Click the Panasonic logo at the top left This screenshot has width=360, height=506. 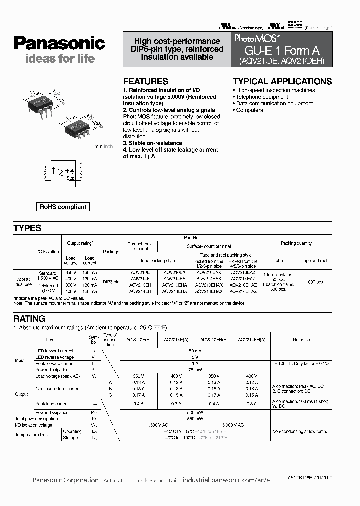click(59, 43)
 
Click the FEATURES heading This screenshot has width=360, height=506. click(145, 81)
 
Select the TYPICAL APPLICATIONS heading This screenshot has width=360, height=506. click(282, 81)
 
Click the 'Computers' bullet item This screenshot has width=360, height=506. click(249, 110)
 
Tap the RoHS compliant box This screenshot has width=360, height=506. click(63, 207)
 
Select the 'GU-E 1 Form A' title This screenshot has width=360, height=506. click(281, 50)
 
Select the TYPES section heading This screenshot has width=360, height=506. click(27, 228)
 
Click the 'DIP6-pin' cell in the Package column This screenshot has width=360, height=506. click(110, 282)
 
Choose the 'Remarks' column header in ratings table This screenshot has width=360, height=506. click(301, 340)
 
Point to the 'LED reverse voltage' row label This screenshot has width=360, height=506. click(54, 357)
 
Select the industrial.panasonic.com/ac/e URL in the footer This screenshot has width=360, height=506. click(226, 480)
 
